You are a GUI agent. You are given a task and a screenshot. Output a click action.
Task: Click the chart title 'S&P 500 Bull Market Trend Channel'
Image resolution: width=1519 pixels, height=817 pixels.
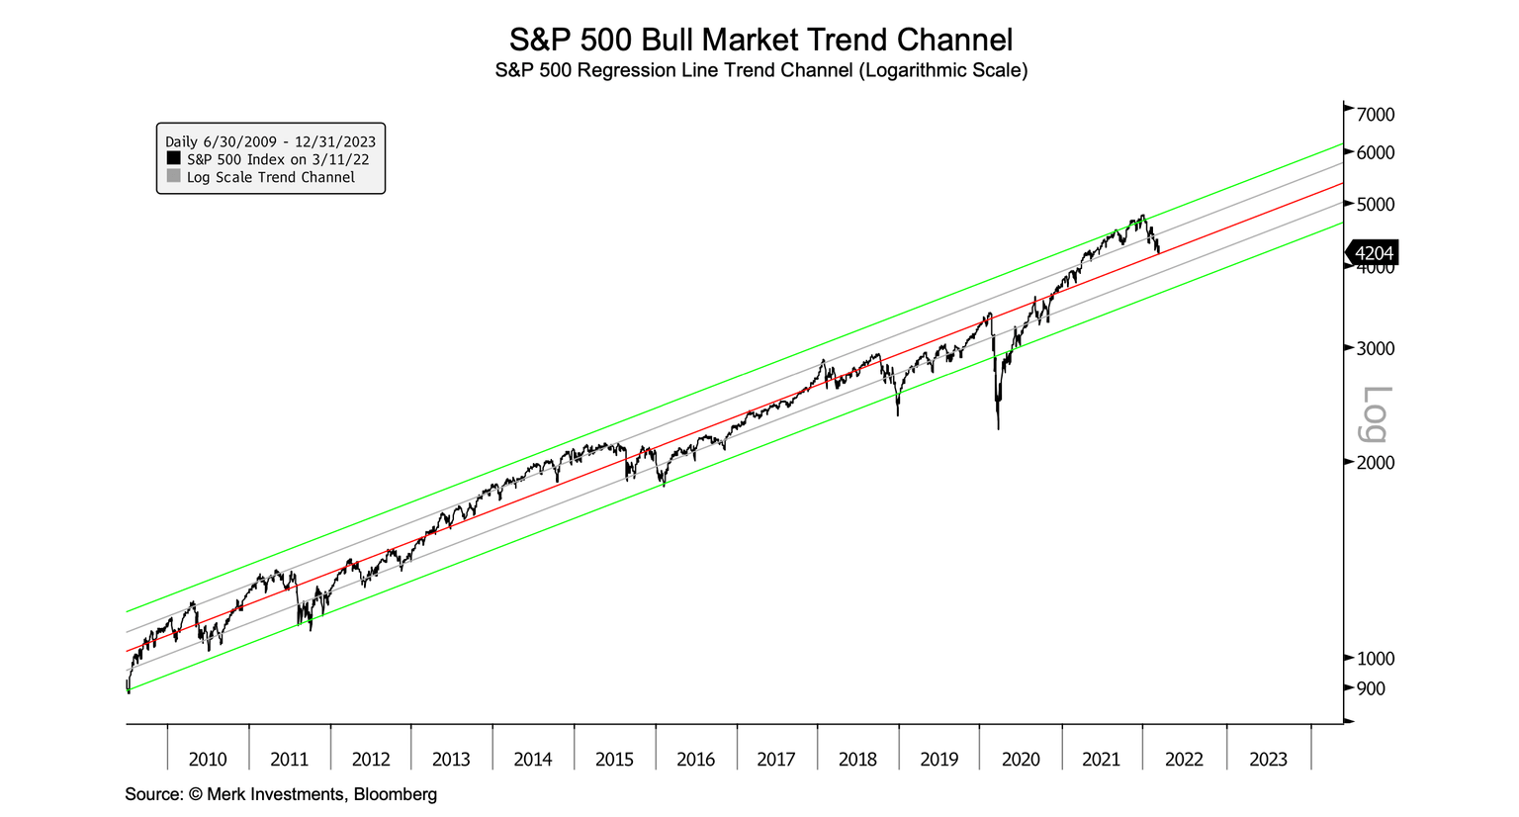[x=759, y=40]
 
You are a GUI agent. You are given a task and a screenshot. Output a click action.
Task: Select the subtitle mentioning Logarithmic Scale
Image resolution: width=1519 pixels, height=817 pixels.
[x=759, y=71]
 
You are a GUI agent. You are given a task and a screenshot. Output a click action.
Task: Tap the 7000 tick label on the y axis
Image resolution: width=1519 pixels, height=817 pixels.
[x=1375, y=115]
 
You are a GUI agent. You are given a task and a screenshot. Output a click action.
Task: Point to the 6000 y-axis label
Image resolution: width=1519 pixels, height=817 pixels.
[x=1375, y=153]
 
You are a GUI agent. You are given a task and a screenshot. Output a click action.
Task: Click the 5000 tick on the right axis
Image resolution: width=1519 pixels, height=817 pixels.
[x=1375, y=205]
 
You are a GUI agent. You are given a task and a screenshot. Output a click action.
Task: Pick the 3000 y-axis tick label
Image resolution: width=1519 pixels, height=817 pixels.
[x=1375, y=349]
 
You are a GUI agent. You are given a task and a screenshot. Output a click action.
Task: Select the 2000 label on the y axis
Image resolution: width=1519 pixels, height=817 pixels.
[x=1375, y=463]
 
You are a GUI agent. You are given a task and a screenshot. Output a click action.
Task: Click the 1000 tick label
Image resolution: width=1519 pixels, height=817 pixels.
[x=1375, y=659]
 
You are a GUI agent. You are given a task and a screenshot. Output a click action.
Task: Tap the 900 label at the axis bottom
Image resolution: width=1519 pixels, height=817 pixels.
[x=1371, y=688]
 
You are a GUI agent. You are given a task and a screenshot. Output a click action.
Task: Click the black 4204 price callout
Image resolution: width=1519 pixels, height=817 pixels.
[x=1373, y=254]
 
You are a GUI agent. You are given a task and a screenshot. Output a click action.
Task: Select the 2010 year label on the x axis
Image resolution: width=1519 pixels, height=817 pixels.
[x=208, y=760]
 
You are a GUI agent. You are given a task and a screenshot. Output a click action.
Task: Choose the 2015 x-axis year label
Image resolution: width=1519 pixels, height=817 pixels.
[x=614, y=760]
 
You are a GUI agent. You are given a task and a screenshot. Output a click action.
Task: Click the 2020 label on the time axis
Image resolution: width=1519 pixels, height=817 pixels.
[x=1021, y=760]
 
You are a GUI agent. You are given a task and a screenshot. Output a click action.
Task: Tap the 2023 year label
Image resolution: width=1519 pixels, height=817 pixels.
[x=1268, y=760]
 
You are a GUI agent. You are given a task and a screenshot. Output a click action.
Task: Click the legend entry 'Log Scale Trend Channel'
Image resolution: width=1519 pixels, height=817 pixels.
[x=270, y=177]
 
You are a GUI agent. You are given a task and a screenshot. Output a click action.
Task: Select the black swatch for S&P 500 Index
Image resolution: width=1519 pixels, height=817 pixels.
[x=174, y=158]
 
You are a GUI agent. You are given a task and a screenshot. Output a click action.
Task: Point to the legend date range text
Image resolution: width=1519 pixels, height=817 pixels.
[x=270, y=141]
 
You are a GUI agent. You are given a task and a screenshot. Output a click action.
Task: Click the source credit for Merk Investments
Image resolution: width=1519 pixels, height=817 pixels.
[x=281, y=794]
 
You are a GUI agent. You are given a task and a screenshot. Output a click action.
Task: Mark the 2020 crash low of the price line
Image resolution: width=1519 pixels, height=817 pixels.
[x=998, y=428]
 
